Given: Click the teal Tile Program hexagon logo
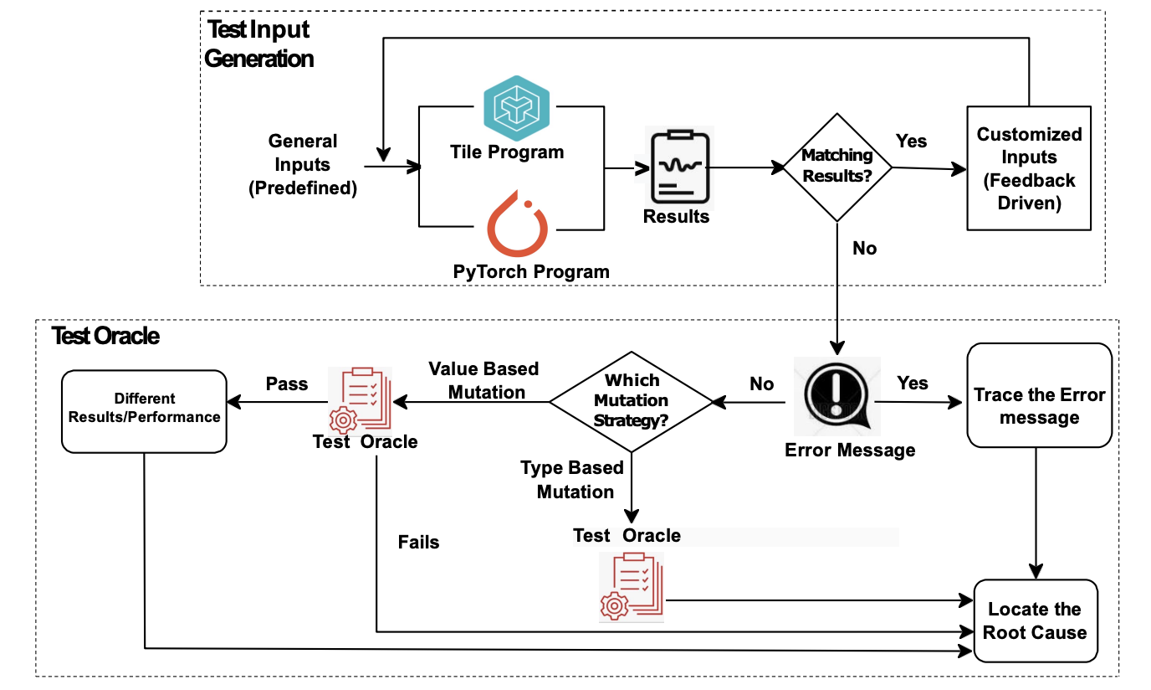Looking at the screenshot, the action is click(516, 108).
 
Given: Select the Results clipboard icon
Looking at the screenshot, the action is click(680, 167).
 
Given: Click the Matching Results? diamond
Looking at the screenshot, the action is click(837, 167).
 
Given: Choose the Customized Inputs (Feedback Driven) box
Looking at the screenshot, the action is click(1029, 168).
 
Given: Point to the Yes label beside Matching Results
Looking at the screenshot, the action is click(911, 141).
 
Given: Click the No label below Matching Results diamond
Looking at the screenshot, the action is click(864, 248).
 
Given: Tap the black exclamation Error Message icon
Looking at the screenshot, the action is click(837, 396).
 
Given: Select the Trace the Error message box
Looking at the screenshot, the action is click(1039, 395).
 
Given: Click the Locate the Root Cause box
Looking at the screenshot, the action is click(1036, 620).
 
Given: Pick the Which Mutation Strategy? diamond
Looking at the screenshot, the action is click(632, 402).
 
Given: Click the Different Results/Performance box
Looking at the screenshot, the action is click(144, 411).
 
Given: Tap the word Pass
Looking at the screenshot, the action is click(287, 384).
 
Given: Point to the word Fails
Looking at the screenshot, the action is click(418, 542).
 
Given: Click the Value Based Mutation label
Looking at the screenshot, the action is click(483, 380).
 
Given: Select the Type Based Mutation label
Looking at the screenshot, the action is click(572, 480).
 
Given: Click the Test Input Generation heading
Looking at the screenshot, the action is click(258, 44).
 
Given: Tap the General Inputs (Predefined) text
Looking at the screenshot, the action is click(303, 164).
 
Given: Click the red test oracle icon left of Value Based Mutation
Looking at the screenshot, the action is click(361, 399).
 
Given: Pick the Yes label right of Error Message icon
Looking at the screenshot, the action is click(912, 383).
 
